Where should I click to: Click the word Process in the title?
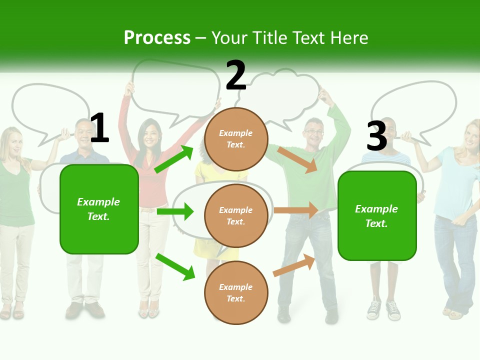click(x=157, y=38)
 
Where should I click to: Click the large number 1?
click(x=99, y=128)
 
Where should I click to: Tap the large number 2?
click(x=236, y=75)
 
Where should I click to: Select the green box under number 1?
click(x=99, y=209)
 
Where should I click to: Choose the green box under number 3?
click(x=377, y=216)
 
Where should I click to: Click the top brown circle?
click(x=236, y=139)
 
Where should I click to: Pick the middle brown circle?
click(x=236, y=215)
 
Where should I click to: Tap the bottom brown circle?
click(x=236, y=292)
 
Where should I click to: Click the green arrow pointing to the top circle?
click(x=173, y=159)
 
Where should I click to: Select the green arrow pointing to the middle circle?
click(x=175, y=211)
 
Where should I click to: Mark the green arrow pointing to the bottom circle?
click(x=175, y=266)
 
